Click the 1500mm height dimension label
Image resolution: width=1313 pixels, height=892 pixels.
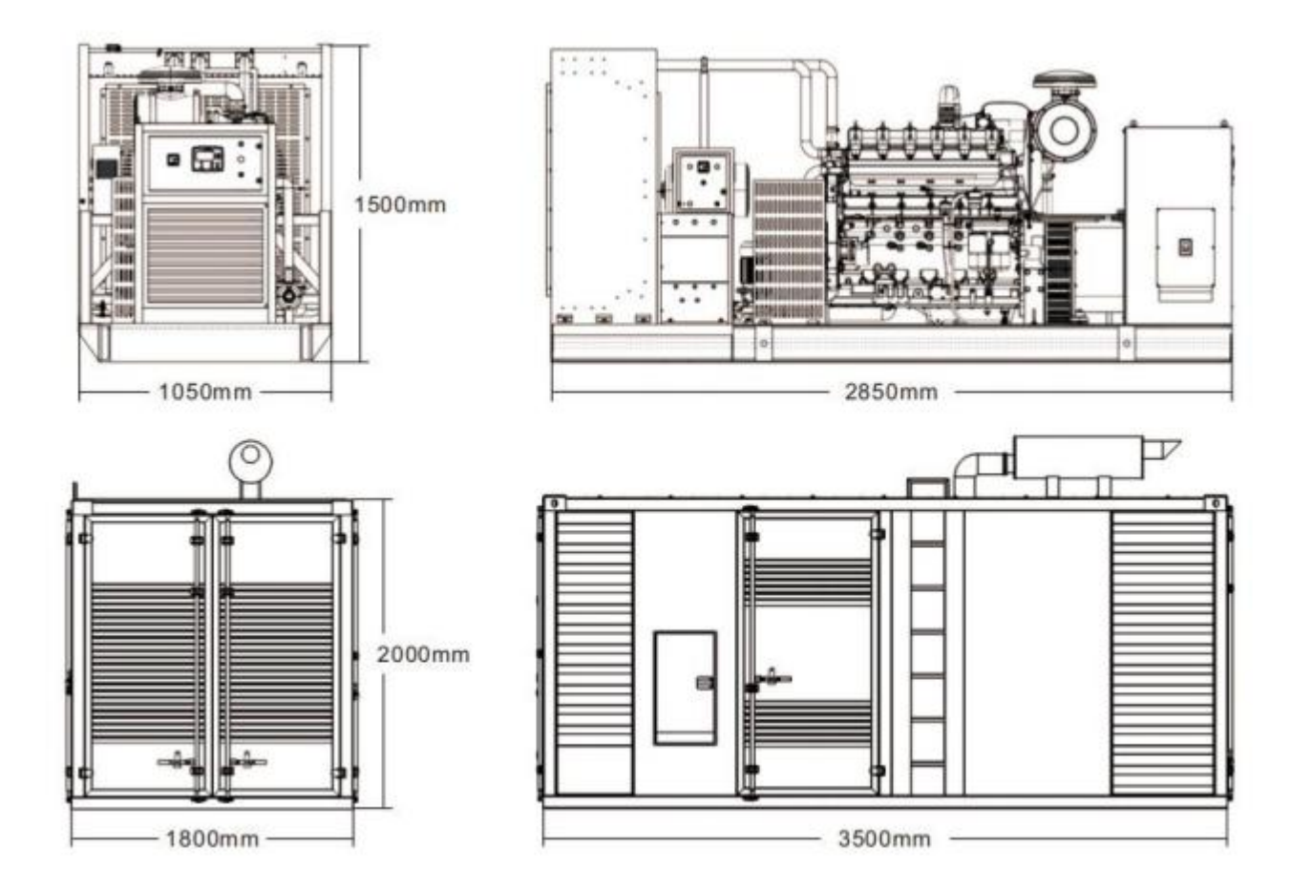pyautogui.click(x=400, y=204)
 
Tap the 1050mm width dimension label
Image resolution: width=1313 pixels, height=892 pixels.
pyautogui.click(x=205, y=392)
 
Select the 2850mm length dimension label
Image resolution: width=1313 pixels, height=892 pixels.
pyautogui.click(x=891, y=392)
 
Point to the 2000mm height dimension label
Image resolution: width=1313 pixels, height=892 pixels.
pyautogui.click(x=423, y=654)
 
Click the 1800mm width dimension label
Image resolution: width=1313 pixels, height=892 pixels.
pyautogui.click(x=212, y=839)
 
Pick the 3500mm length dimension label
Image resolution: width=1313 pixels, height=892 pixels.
pyautogui.click(x=884, y=839)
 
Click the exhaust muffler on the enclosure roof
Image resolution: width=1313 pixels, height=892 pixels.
pyautogui.click(x=1078, y=457)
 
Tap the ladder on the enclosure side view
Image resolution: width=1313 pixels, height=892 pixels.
pyautogui.click(x=927, y=651)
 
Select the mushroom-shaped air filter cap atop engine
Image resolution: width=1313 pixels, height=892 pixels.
pyautogui.click(x=1064, y=79)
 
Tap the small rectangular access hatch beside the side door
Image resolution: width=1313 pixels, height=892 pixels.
pyautogui.click(x=686, y=688)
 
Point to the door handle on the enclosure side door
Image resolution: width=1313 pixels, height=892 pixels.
pyautogui.click(x=773, y=679)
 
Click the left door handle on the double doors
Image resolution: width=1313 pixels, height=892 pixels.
pyautogui.click(x=176, y=761)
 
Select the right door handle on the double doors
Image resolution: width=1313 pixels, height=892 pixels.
pyautogui.click(x=248, y=761)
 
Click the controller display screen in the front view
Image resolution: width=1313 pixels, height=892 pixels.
pyautogui.click(x=207, y=159)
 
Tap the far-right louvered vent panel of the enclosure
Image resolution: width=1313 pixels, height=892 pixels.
pyautogui.click(x=1163, y=653)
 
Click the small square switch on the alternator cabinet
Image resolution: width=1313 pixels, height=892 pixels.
pyautogui.click(x=1185, y=246)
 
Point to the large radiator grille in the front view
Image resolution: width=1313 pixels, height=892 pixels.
pyautogui.click(x=205, y=256)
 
